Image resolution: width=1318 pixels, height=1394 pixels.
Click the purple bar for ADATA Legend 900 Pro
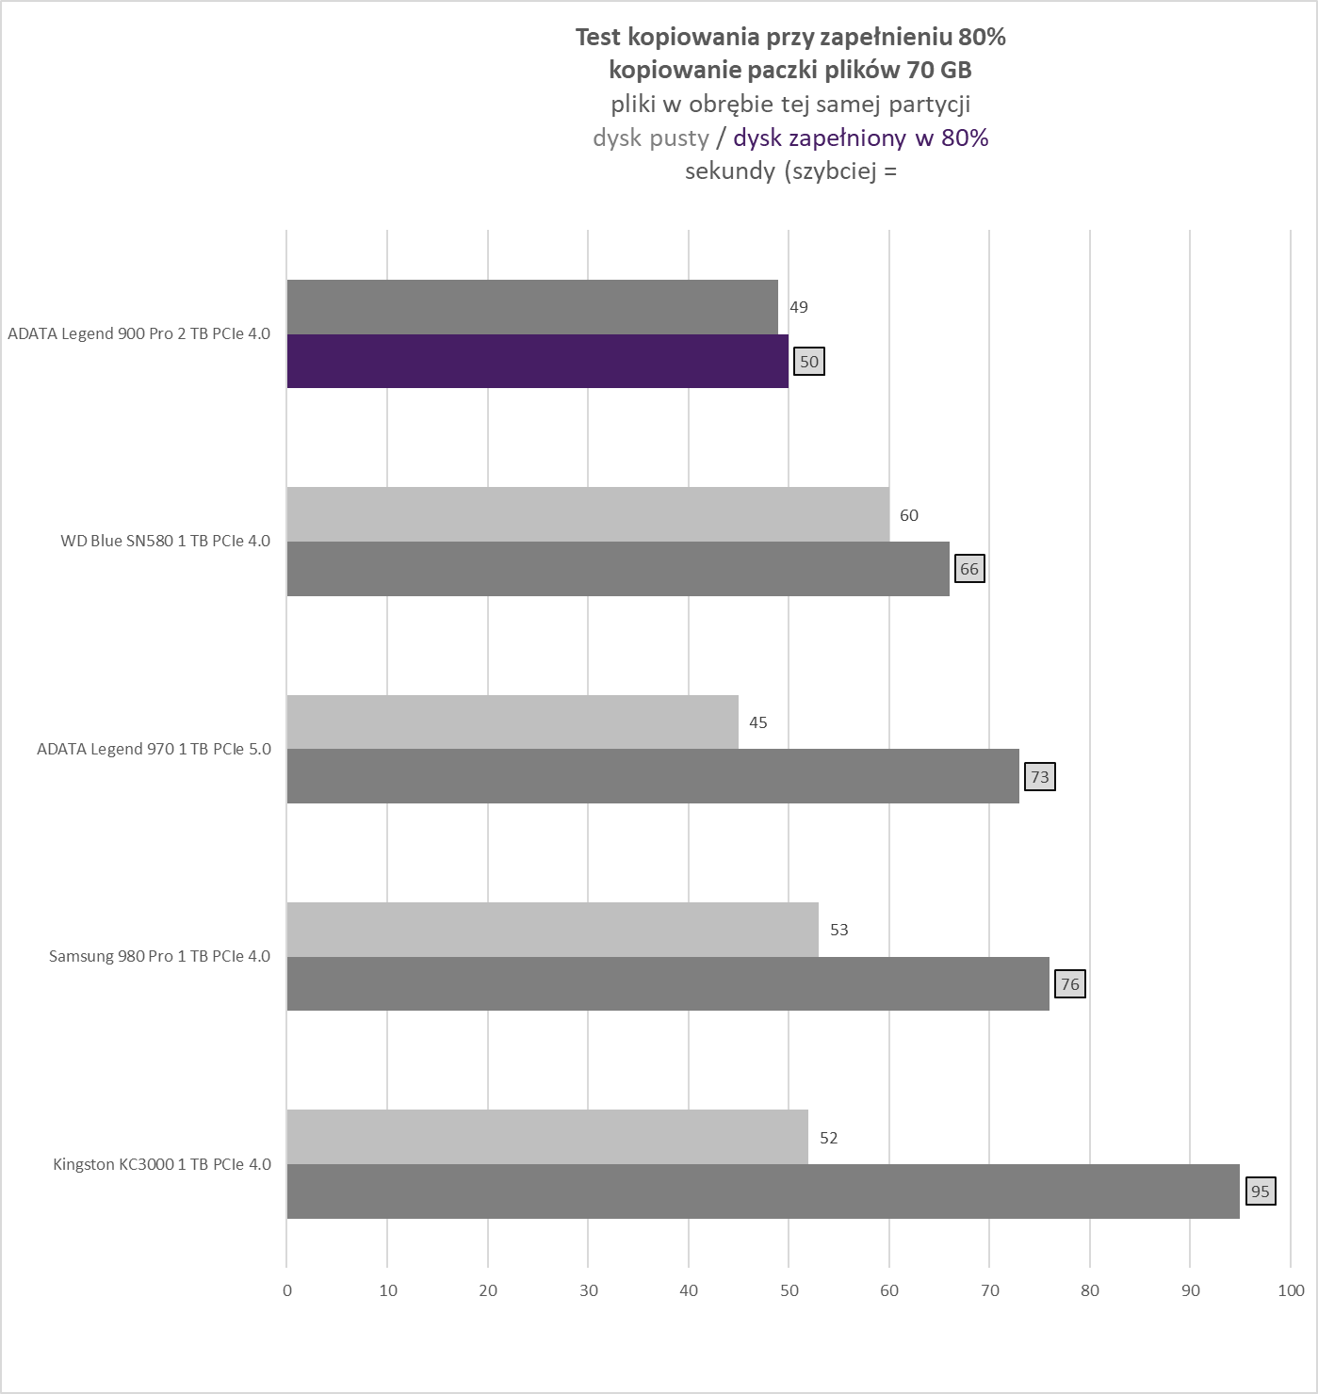[x=537, y=361]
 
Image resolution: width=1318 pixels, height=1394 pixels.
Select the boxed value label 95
[x=1260, y=1191]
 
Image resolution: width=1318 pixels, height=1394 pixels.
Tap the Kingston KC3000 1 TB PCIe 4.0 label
[x=161, y=1164]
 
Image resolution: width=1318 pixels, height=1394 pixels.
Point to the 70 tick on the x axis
[x=989, y=1290]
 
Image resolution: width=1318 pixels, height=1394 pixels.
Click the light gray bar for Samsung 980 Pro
[x=552, y=930]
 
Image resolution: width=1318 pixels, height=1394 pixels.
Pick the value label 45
[x=757, y=722]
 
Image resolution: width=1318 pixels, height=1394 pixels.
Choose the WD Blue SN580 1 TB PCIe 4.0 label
[x=165, y=541]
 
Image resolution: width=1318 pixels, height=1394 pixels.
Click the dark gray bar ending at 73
[x=652, y=776]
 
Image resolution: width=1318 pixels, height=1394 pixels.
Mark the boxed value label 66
[x=968, y=569]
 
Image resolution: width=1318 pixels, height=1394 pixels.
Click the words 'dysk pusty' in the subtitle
[x=650, y=138]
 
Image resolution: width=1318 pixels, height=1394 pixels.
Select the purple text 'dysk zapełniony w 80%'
[x=860, y=138]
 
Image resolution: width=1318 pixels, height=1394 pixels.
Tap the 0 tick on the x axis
[x=287, y=1290]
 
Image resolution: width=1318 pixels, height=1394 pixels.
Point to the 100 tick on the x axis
[x=1291, y=1290]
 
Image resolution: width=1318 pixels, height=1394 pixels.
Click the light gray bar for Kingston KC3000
[x=546, y=1137]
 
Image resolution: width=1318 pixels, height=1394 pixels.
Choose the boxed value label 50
[x=808, y=362]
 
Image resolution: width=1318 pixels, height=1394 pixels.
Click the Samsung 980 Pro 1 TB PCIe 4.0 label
[x=159, y=956]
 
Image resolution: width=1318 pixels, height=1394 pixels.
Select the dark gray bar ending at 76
[x=667, y=984]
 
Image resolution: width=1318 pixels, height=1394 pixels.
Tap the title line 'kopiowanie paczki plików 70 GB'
[x=789, y=70]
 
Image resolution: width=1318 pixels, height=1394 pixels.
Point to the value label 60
[x=908, y=515]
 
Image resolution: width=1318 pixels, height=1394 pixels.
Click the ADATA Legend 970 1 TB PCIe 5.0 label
[x=154, y=749]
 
